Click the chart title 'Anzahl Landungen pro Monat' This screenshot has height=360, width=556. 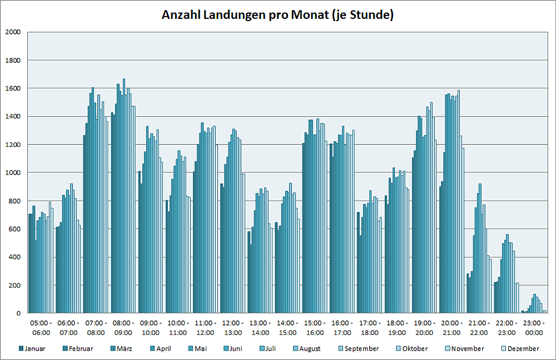[277, 15]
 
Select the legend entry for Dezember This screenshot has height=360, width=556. [522, 349]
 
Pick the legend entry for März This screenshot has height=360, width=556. [125, 349]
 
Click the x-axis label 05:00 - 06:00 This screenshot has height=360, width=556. [41, 328]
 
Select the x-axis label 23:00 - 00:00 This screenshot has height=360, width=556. [534, 328]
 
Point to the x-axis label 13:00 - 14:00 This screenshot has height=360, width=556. [260, 328]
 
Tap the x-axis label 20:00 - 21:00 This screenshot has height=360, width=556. [452, 328]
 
